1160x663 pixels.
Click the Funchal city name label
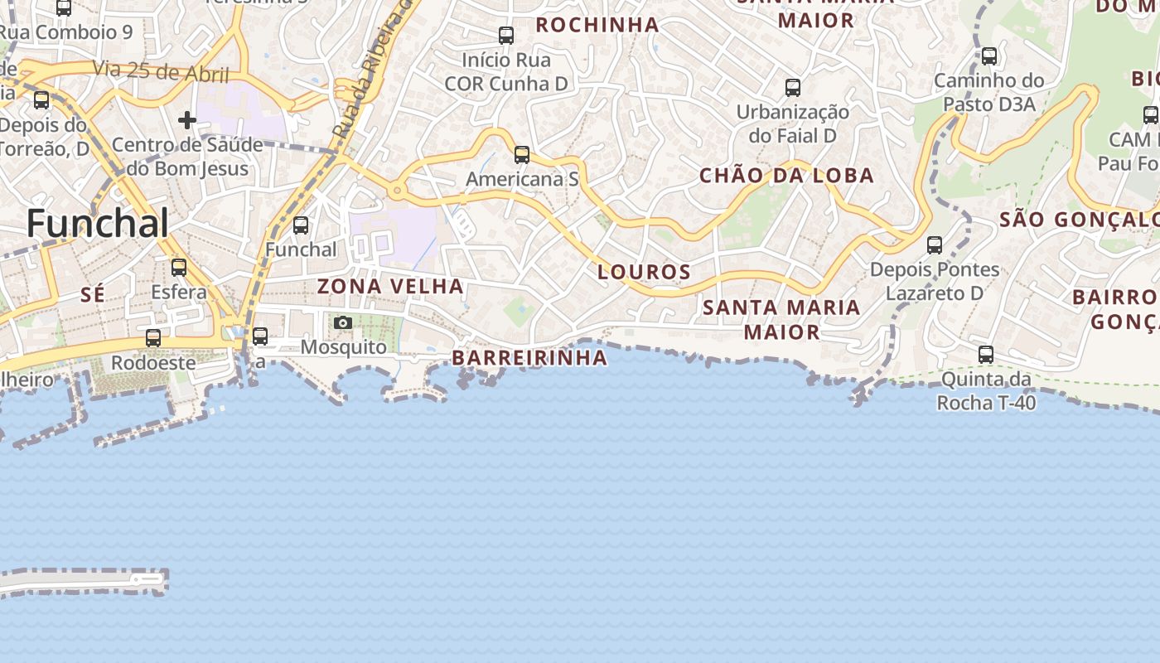coord(98,223)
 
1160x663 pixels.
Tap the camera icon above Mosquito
coord(343,322)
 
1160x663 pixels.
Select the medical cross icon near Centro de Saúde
coord(187,121)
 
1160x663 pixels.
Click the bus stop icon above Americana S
coord(521,155)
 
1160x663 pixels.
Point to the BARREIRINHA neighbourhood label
coord(529,358)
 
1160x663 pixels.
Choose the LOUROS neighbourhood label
coord(644,272)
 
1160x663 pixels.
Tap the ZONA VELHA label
coord(390,287)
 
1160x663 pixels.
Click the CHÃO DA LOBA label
coord(786,176)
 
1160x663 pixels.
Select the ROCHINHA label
coord(597,25)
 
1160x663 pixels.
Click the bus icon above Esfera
coord(178,268)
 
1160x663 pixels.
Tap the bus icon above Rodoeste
coord(153,338)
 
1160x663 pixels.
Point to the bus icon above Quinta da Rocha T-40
coord(986,355)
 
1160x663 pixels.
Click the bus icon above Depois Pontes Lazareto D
coord(935,245)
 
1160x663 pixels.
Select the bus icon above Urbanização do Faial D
coord(793,87)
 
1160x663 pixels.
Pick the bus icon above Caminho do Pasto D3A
coord(988,56)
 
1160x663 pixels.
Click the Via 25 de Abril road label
coord(161,72)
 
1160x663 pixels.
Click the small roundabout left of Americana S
coord(397,191)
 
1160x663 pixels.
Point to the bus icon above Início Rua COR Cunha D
coord(505,36)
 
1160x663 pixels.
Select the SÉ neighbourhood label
coord(94,293)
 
